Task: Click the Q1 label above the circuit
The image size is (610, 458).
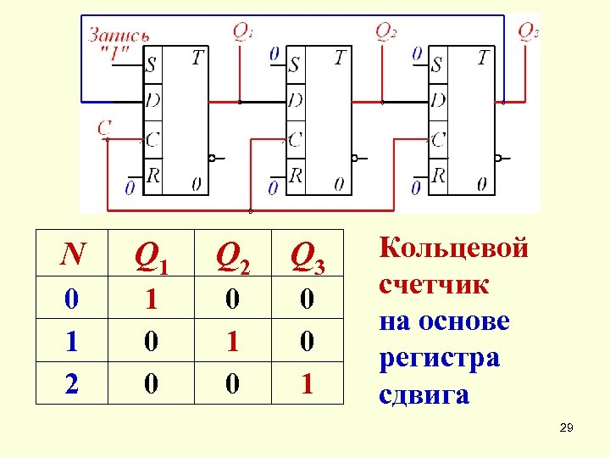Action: pyautogui.click(x=243, y=32)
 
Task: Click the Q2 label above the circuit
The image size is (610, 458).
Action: pyautogui.click(x=385, y=32)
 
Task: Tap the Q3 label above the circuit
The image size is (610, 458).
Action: pyautogui.click(x=528, y=32)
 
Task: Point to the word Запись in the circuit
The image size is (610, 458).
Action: pyautogui.click(x=119, y=36)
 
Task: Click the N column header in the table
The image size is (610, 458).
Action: pyautogui.click(x=73, y=253)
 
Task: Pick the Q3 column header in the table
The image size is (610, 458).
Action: pyautogui.click(x=308, y=254)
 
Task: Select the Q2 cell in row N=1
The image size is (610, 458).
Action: pyautogui.click(x=232, y=341)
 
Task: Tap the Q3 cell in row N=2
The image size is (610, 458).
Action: pyautogui.click(x=308, y=383)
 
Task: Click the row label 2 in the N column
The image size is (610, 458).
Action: pyautogui.click(x=73, y=383)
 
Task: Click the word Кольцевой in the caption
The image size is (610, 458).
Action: pyautogui.click(x=454, y=249)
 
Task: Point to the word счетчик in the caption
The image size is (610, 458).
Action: pyautogui.click(x=434, y=285)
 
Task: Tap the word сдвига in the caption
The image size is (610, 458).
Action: pyautogui.click(x=424, y=394)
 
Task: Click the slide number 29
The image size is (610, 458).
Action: pyautogui.click(x=567, y=430)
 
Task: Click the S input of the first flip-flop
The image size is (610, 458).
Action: pyautogui.click(x=151, y=64)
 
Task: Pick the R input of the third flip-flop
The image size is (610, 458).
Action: pyautogui.click(x=438, y=176)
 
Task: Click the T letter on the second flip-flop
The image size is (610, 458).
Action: pyautogui.click(x=340, y=58)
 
